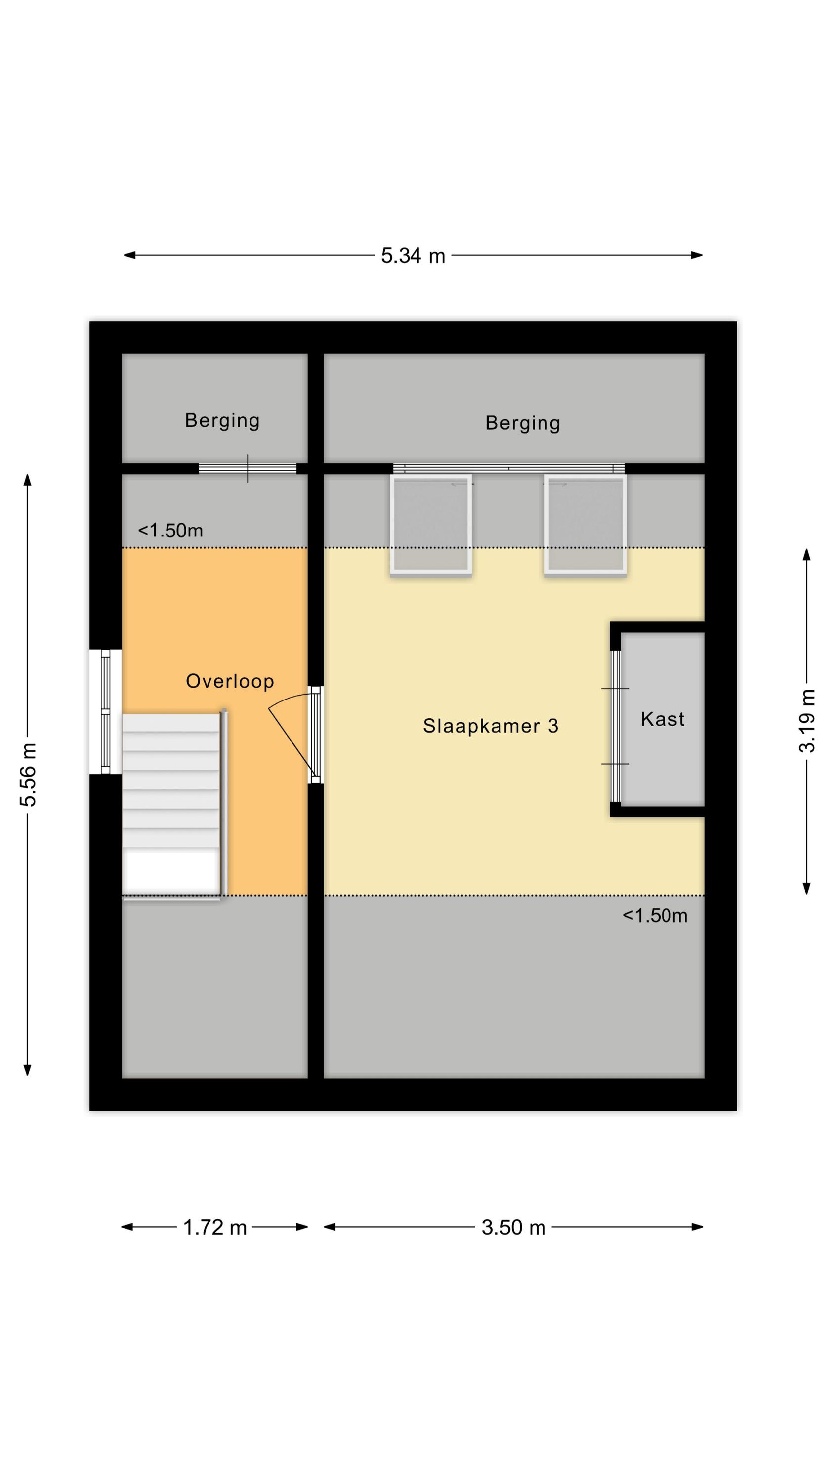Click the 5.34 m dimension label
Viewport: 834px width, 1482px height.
click(x=413, y=256)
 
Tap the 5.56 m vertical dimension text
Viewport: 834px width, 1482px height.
click(x=28, y=775)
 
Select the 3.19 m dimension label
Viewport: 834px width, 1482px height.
click(x=807, y=720)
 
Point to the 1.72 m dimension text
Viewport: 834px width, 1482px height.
click(x=215, y=1227)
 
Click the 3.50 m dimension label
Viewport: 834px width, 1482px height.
click(x=513, y=1227)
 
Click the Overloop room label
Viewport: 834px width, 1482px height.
click(x=230, y=681)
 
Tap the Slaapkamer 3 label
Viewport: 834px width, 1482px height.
click(x=491, y=726)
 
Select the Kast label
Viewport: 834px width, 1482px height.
click(x=663, y=719)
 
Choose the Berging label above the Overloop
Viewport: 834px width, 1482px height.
click(x=222, y=421)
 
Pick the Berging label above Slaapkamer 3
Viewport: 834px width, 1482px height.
click(x=523, y=423)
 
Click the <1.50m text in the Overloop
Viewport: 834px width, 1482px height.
click(x=170, y=530)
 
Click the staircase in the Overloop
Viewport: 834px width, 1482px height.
click(x=171, y=804)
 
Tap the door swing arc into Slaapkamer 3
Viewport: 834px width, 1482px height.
click(x=291, y=699)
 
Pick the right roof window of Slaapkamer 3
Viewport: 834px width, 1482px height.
click(x=585, y=524)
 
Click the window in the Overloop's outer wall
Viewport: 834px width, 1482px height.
click(x=105, y=712)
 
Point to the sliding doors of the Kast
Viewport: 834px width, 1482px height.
click(x=615, y=726)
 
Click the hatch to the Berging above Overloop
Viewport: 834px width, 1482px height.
click(x=248, y=468)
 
